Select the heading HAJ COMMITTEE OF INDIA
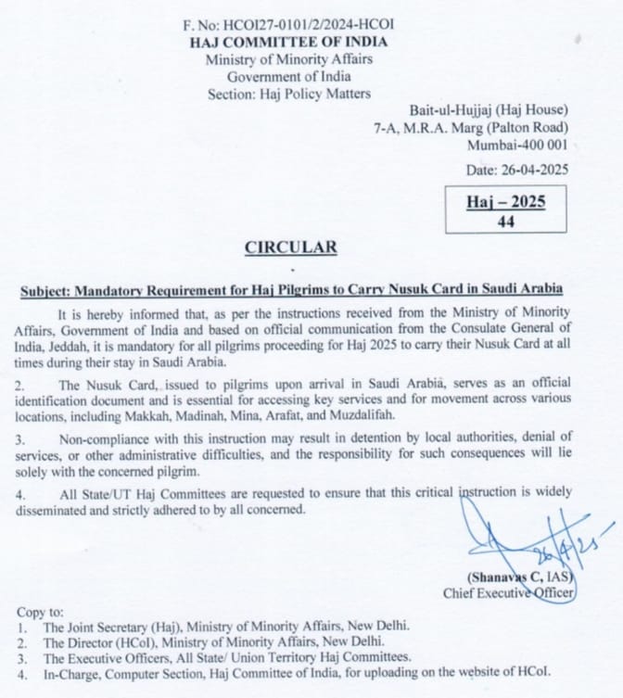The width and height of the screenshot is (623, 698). pos(288,44)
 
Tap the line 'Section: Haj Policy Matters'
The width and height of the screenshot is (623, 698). pos(288,94)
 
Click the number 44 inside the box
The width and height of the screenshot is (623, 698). pos(505,222)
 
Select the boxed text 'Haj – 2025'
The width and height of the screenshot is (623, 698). pos(505,202)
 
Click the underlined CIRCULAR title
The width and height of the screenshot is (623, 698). pos(290,248)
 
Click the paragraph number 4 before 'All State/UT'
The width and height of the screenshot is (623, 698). pos(21,492)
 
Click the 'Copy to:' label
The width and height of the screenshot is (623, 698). pos(41,613)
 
